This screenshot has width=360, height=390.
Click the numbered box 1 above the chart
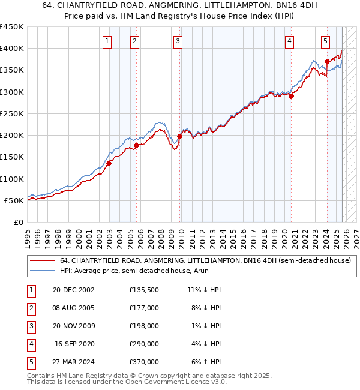pos(106,41)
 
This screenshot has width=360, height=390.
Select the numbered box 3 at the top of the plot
pos(178,41)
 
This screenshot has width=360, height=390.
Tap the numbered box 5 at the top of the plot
pos(325,41)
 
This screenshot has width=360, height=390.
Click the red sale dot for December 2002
pos(109,163)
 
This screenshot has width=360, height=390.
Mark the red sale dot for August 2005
pos(136,145)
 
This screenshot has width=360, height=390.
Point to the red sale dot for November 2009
pos(180,136)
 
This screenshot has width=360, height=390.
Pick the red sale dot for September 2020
pos(291,96)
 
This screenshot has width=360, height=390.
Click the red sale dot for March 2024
pos(327,61)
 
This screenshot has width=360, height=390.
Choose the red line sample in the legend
pos(43,261)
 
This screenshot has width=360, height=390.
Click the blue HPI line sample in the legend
pos(43,271)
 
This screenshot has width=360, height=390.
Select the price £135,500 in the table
pos(144,290)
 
